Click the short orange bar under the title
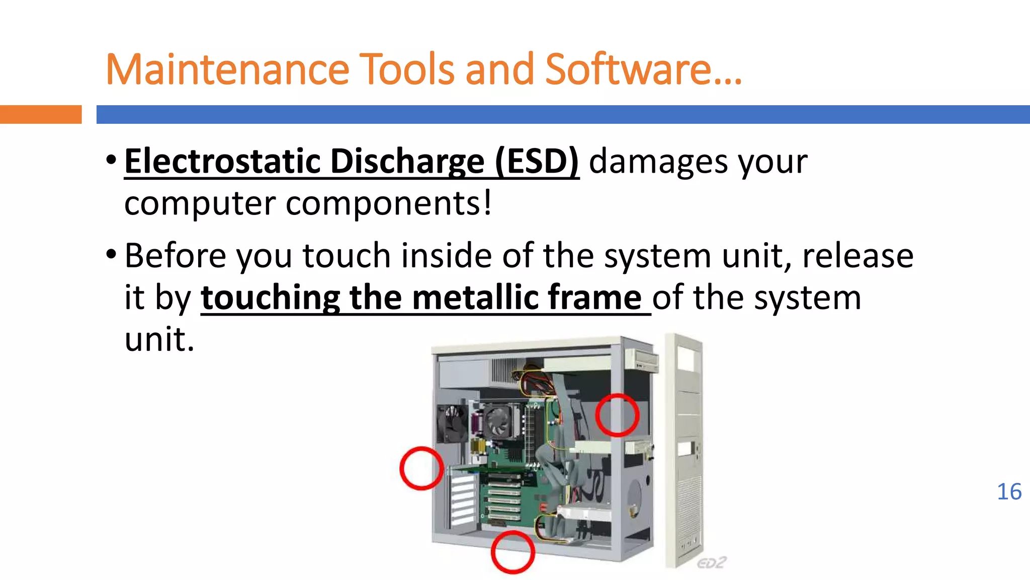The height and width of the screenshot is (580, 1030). click(40, 114)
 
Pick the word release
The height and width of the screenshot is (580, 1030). click(857, 255)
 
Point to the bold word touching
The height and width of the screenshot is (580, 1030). click(271, 299)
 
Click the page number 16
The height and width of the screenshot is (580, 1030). click(1009, 492)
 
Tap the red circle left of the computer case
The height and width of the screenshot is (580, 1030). click(421, 468)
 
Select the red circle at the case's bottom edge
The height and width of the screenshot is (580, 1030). click(512, 552)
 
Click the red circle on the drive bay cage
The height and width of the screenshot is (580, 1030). click(617, 415)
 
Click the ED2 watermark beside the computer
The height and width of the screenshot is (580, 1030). click(711, 563)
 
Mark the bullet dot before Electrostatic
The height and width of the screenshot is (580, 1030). click(111, 161)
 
